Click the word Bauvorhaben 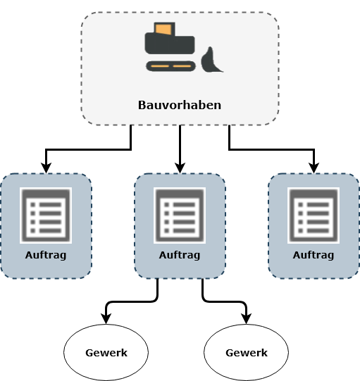click(180, 105)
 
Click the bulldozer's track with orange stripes click(170, 66)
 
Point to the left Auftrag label click(46, 255)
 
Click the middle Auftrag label click(180, 255)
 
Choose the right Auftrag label click(314, 255)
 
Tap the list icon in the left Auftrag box click(46, 216)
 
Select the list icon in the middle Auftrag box click(180, 216)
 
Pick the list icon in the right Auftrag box click(314, 216)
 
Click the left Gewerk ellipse click(106, 352)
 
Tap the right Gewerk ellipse click(247, 352)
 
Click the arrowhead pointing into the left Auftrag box click(46, 168)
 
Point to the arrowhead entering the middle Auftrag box click(180, 168)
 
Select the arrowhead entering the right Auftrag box click(314, 168)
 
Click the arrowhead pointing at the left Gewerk click(106, 319)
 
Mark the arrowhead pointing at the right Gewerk click(247, 319)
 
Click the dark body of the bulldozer click(170, 44)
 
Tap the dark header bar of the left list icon click(46, 194)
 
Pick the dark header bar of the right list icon click(314, 194)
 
